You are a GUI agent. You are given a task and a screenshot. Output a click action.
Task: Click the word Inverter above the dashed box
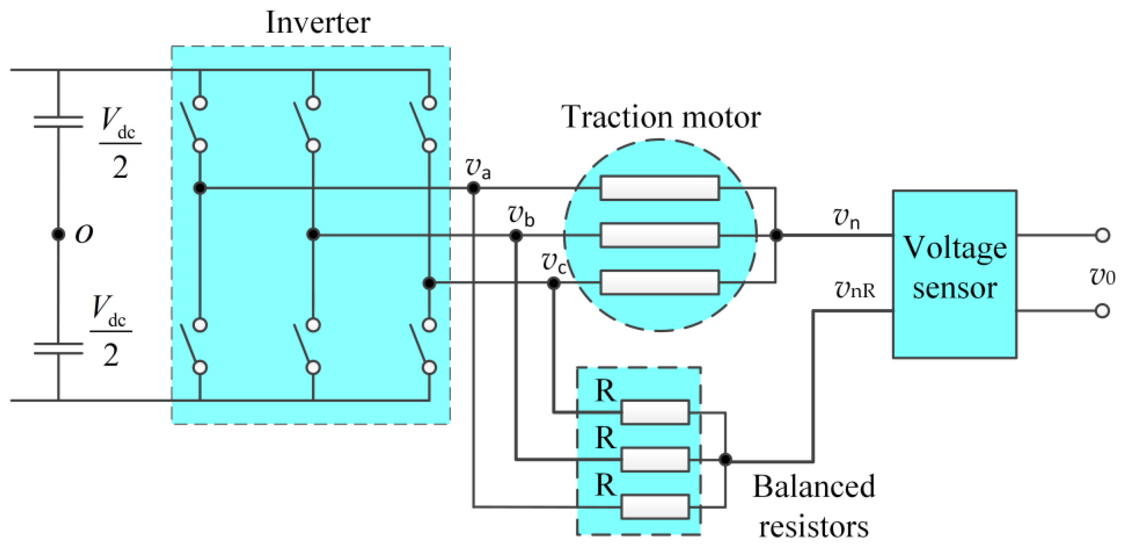point(318,22)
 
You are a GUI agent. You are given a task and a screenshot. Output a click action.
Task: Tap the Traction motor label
point(661,117)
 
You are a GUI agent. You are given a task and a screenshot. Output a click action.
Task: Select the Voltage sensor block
point(955,274)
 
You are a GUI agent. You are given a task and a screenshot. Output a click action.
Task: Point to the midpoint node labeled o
point(58,234)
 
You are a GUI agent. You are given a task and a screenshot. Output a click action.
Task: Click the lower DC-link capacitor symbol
point(58,348)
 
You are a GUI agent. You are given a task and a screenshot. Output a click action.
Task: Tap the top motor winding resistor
point(660,188)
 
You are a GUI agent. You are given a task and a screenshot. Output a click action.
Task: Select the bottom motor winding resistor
point(660,283)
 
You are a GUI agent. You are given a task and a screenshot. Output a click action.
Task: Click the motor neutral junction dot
point(776,235)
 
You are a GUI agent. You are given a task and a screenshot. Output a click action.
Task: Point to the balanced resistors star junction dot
point(725,460)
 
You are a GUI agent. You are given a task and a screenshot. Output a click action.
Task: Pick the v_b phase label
point(521,215)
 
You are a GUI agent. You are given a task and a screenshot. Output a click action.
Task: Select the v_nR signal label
point(855,290)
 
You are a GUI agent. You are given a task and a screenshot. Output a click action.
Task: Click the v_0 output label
point(1102,277)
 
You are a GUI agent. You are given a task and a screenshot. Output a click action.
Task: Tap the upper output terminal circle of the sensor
point(1102,235)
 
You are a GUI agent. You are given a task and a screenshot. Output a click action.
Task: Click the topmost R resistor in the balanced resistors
point(655,412)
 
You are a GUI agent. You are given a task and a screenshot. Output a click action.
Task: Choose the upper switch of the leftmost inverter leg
point(194,124)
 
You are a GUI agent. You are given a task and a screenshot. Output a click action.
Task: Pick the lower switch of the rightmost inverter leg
point(424,346)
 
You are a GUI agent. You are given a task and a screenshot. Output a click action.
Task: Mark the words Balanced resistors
point(814,507)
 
